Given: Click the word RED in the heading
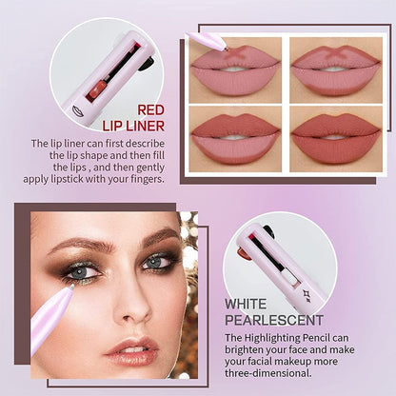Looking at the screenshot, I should tap(152, 109).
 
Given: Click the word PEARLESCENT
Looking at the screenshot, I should tap(274, 320).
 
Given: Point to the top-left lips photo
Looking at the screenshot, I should tap(235, 69).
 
